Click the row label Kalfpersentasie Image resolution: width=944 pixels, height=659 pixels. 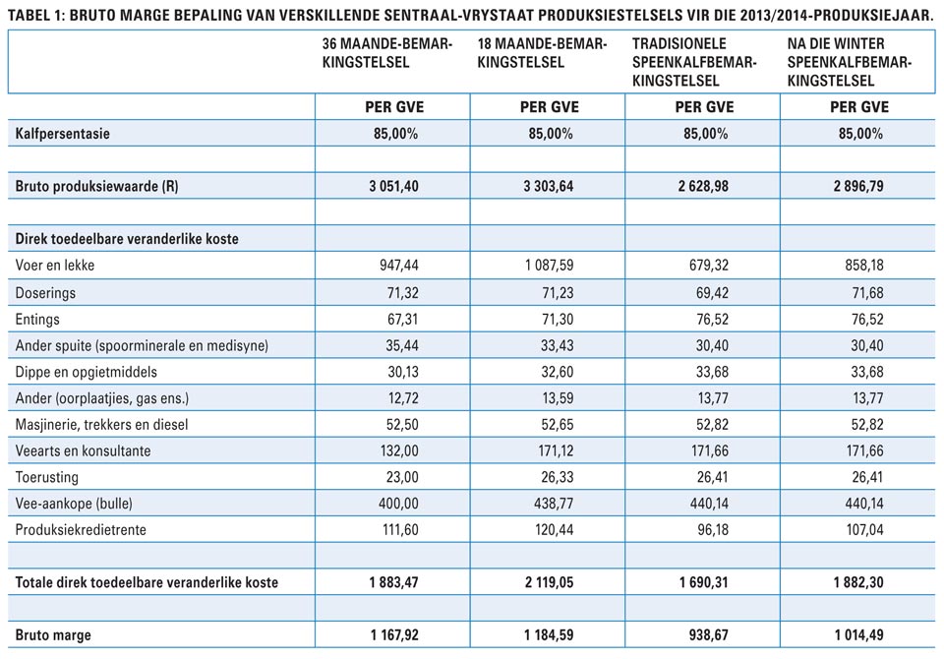[63, 133]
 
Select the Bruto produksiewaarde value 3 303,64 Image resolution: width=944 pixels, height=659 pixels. [549, 186]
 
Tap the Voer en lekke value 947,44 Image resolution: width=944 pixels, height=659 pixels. [398, 265]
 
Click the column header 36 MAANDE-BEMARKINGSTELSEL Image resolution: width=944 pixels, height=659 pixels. [387, 53]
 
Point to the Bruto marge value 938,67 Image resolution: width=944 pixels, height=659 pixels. [709, 635]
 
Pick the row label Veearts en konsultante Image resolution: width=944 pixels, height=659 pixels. [83, 450]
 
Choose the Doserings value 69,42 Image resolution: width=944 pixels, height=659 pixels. [712, 293]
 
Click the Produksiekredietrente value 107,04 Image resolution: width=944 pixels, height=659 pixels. [864, 529]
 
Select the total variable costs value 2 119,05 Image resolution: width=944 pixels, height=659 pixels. [549, 582]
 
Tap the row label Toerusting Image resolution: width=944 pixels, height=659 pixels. [47, 477]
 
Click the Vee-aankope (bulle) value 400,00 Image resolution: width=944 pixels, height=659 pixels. [398, 503]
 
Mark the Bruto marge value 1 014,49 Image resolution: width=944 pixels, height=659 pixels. [859, 635]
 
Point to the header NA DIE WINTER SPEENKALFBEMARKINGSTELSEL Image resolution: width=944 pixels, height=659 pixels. [850, 62]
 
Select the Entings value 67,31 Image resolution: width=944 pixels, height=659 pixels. [402, 320]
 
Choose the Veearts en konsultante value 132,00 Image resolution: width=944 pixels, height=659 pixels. [399, 450]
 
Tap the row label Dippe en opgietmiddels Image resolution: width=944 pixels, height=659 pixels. [87, 372]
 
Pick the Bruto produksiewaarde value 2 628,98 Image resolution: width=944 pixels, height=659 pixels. [703, 186]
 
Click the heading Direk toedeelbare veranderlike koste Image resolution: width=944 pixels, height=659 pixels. [127, 239]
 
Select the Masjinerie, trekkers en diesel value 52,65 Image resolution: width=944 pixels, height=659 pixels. [558, 425]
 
